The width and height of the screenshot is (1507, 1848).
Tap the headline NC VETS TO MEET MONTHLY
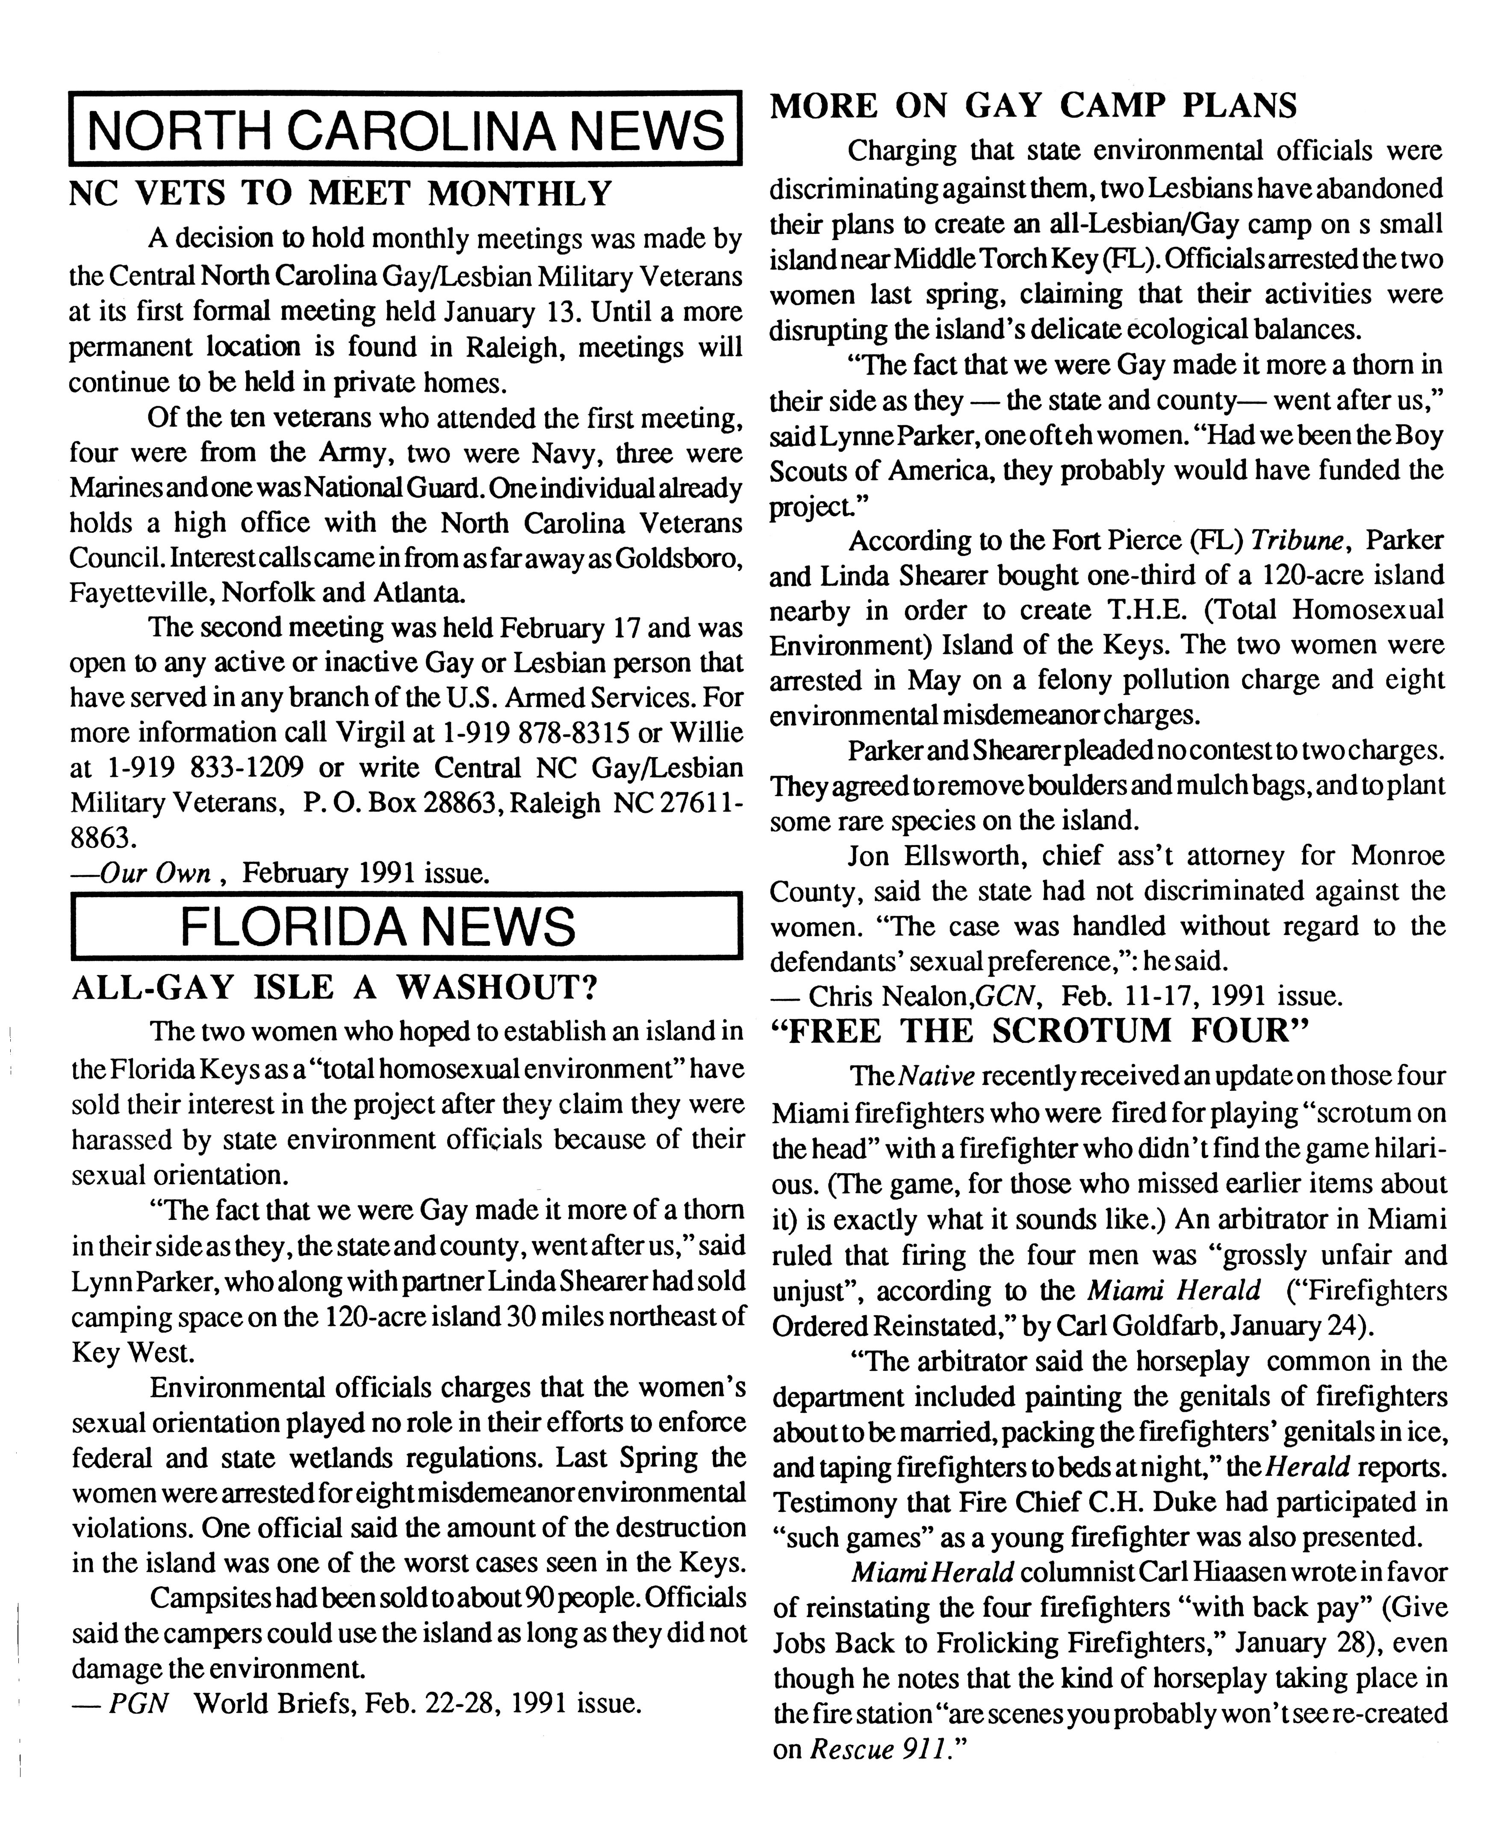point(340,193)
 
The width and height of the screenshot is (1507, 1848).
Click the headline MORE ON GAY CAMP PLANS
point(1033,106)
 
